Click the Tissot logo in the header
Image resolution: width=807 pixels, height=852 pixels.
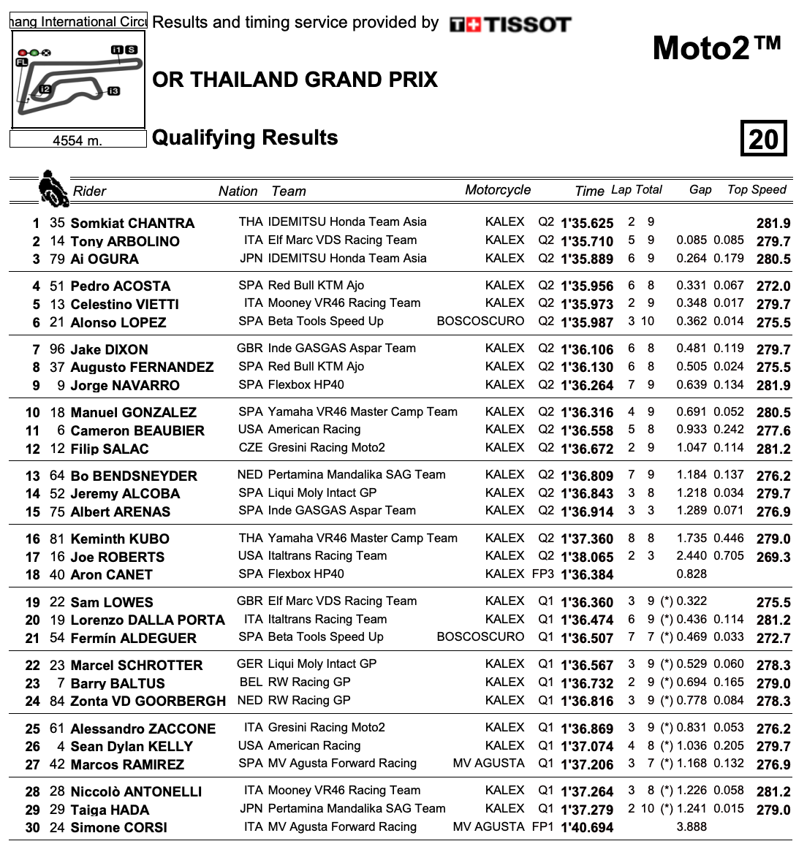[509, 25]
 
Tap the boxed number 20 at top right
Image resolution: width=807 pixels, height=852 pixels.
[763, 138]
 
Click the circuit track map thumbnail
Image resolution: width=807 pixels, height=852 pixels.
[78, 80]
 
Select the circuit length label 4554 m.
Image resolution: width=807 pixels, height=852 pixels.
[77, 140]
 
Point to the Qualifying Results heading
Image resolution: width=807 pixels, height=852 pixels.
[245, 137]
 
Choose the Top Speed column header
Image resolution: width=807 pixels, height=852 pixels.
[757, 189]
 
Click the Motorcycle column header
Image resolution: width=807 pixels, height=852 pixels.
[498, 190]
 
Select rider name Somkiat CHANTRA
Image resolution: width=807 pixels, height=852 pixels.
[132, 224]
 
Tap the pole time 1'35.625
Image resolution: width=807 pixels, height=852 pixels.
[587, 224]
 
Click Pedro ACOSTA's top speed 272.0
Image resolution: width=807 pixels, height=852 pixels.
[773, 286]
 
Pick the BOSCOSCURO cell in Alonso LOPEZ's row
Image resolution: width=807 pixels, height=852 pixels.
[480, 322]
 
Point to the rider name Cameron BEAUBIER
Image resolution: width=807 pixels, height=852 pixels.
[137, 431]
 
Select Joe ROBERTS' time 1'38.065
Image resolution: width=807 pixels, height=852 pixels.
[587, 557]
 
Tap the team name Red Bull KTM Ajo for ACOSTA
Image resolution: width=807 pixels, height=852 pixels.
[316, 286]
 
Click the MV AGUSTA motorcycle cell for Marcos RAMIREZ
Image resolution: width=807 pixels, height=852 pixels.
[488, 764]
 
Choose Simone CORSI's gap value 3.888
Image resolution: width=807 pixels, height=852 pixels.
[692, 827]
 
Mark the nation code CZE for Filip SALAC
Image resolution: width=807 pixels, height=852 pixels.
[251, 448]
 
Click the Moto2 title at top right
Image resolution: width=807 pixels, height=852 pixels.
[716, 48]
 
